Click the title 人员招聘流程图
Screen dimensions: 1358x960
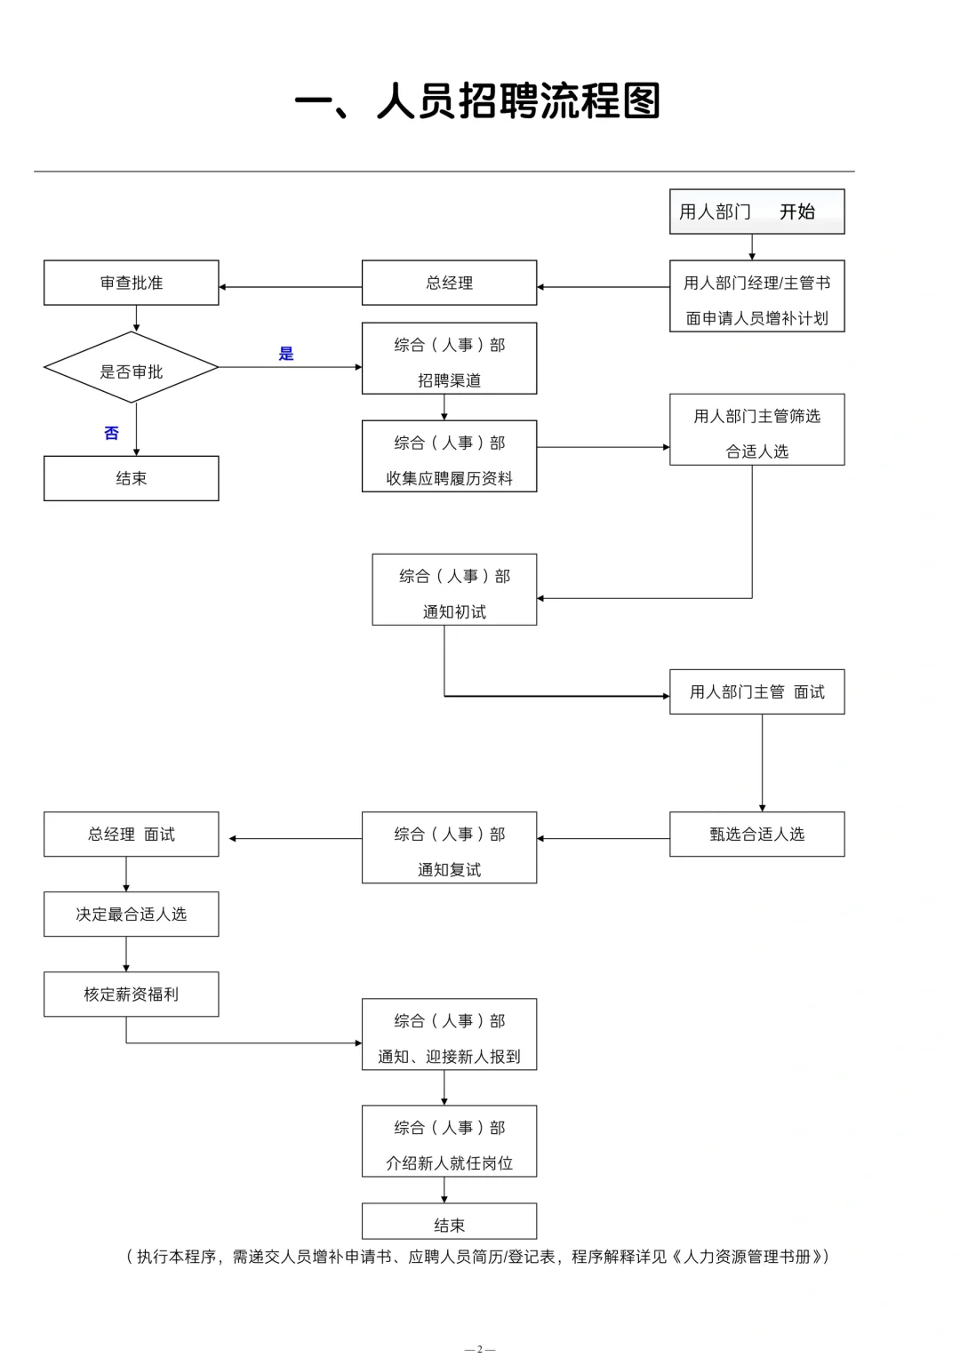[x=478, y=101]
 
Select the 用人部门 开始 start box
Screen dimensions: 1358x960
[x=756, y=212]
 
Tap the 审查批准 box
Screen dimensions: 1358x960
[x=132, y=283]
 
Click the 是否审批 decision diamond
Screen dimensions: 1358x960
[x=132, y=368]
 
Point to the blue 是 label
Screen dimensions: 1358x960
[x=286, y=354]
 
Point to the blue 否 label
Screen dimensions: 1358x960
[x=111, y=433]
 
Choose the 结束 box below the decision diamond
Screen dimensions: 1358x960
[x=132, y=478]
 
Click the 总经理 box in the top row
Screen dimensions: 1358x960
[x=449, y=283]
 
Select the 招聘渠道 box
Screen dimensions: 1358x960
[x=449, y=358]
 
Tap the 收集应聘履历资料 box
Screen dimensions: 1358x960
[x=449, y=456]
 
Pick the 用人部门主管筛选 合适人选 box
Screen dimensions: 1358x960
[x=756, y=429]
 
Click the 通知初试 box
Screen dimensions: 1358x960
[x=454, y=589]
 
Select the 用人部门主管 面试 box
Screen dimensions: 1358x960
[x=756, y=691]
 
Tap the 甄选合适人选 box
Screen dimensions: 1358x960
[x=756, y=834]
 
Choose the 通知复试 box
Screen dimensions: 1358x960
[x=449, y=847]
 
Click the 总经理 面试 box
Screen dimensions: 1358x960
[x=132, y=834]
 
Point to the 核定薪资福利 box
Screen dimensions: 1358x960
[x=132, y=994]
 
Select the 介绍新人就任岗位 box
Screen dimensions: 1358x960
[x=449, y=1141]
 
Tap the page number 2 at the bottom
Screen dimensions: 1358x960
[x=480, y=1349]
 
